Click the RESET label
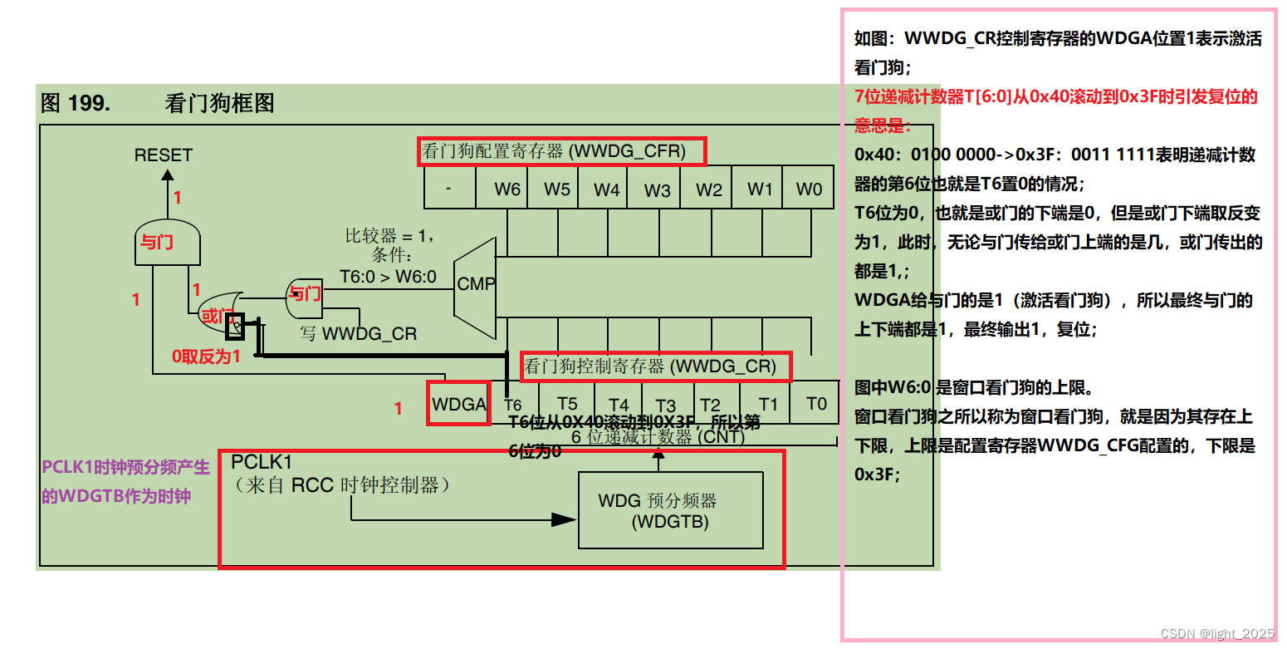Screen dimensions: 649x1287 [163, 155]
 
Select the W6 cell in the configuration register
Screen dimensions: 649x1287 [507, 189]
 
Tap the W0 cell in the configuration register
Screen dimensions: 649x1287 [809, 189]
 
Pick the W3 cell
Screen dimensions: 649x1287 [657, 189]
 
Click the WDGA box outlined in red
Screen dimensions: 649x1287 [458, 404]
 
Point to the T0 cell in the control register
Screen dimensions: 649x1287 [817, 404]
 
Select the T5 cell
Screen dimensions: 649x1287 [566, 404]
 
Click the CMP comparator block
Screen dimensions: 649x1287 [476, 283]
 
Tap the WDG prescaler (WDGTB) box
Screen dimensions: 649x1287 [670, 510]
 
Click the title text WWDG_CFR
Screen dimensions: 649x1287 [561, 151]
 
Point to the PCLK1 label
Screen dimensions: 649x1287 [262, 461]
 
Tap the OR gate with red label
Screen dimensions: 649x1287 [217, 313]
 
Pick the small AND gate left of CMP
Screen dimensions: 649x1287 [305, 294]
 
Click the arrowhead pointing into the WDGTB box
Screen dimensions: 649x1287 [565, 519]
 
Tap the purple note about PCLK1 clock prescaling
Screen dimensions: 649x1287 [125, 481]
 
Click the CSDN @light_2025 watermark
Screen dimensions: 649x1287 [1216, 633]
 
